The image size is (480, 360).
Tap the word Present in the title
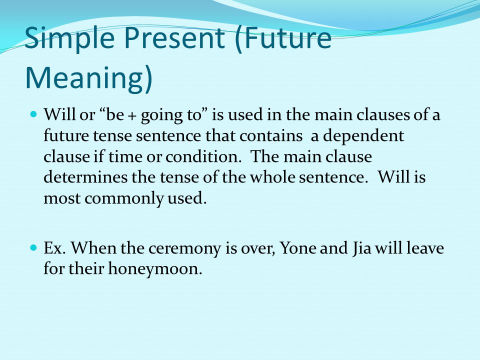click(174, 38)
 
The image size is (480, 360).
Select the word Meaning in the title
click(84, 78)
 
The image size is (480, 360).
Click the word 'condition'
click(201, 156)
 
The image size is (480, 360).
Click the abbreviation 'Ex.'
click(55, 247)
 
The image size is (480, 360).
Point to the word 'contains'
click(271, 136)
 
